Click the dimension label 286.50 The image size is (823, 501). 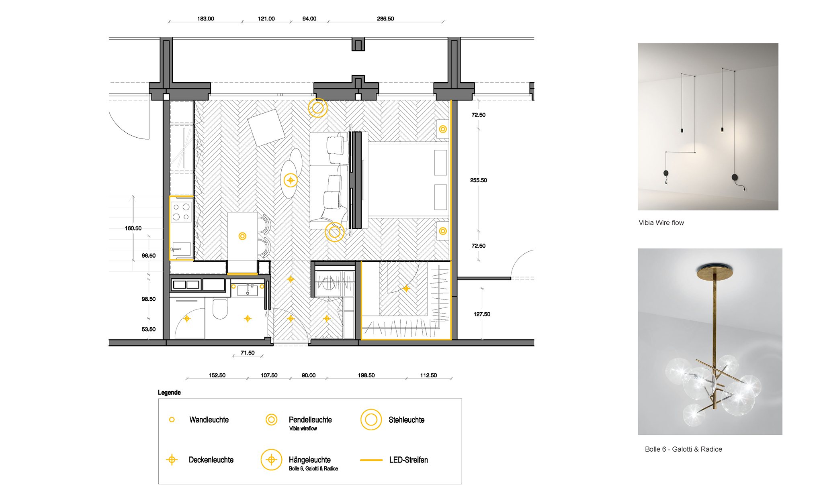pyautogui.click(x=385, y=18)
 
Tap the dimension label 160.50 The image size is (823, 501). pyautogui.click(x=133, y=228)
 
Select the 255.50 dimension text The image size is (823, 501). pyautogui.click(x=479, y=180)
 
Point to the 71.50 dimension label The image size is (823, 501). pyautogui.click(x=248, y=353)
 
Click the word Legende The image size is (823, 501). pyautogui.click(x=169, y=393)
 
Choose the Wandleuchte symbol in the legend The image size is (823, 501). pyautogui.click(x=172, y=420)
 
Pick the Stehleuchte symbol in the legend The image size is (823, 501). pyautogui.click(x=371, y=420)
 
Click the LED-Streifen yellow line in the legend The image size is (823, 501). pyautogui.click(x=371, y=460)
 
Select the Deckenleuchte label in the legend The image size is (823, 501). pyautogui.click(x=211, y=460)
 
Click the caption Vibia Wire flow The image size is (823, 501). pyautogui.click(x=661, y=223)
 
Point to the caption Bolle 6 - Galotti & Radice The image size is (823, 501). pyautogui.click(x=683, y=449)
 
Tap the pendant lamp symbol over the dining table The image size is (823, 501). pyautogui.click(x=242, y=236)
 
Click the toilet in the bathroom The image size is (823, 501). pyautogui.click(x=220, y=308)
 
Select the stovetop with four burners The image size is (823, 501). pyautogui.click(x=181, y=212)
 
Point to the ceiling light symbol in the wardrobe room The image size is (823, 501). pyautogui.click(x=406, y=288)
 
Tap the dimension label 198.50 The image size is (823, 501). pyautogui.click(x=366, y=375)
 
